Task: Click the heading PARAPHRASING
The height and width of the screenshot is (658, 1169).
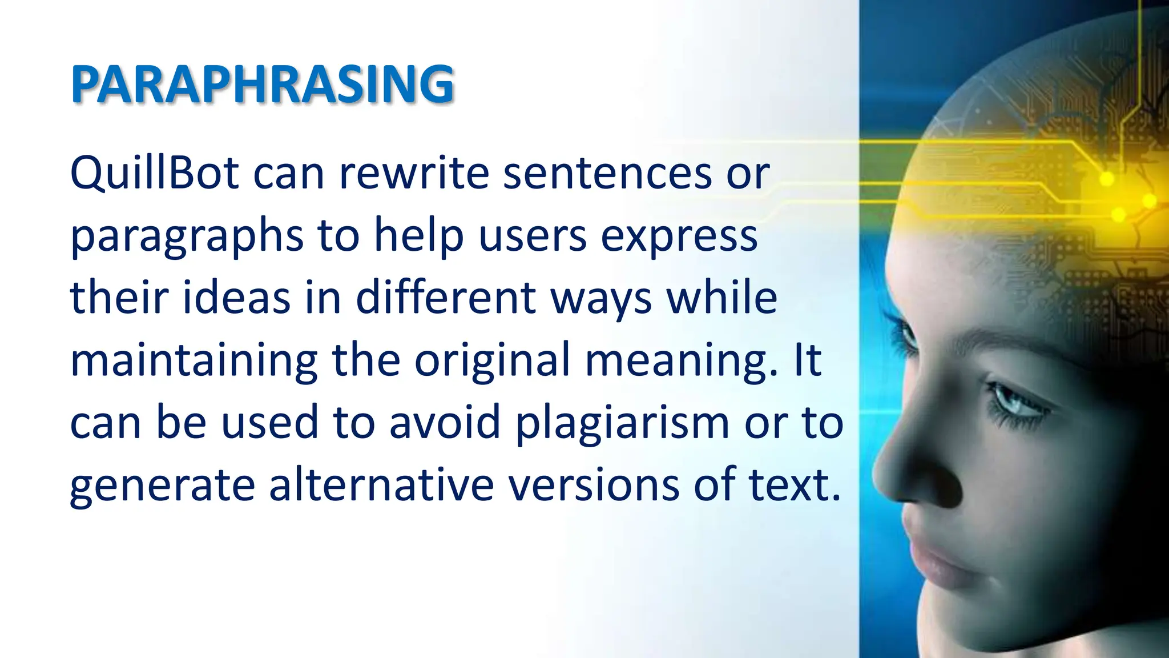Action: [x=262, y=85]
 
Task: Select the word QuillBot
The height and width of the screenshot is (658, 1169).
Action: [x=154, y=173]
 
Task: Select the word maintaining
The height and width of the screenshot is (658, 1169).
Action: [x=194, y=362]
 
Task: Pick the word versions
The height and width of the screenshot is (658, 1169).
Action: [x=594, y=485]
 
